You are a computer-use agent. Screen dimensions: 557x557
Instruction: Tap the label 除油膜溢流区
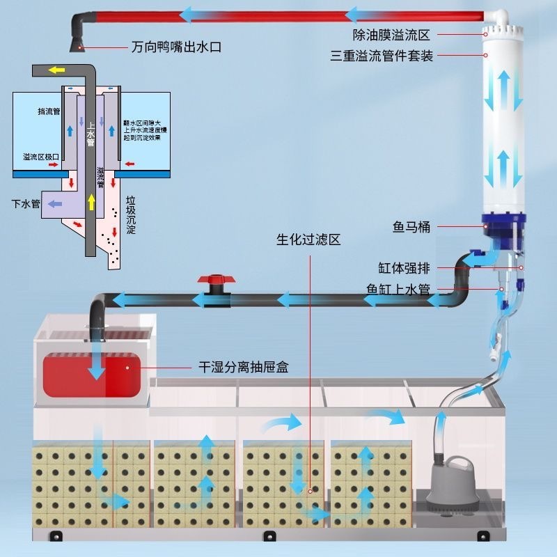click(392, 33)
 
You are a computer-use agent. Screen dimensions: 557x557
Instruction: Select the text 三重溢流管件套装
click(382, 56)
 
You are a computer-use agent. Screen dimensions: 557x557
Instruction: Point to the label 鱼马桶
click(411, 227)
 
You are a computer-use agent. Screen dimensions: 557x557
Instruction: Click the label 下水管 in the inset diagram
click(26, 204)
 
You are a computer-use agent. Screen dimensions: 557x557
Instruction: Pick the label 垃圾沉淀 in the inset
click(130, 215)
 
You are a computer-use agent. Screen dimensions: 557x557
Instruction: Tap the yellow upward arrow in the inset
click(91, 203)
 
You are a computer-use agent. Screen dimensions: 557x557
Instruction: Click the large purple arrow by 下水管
click(56, 204)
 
